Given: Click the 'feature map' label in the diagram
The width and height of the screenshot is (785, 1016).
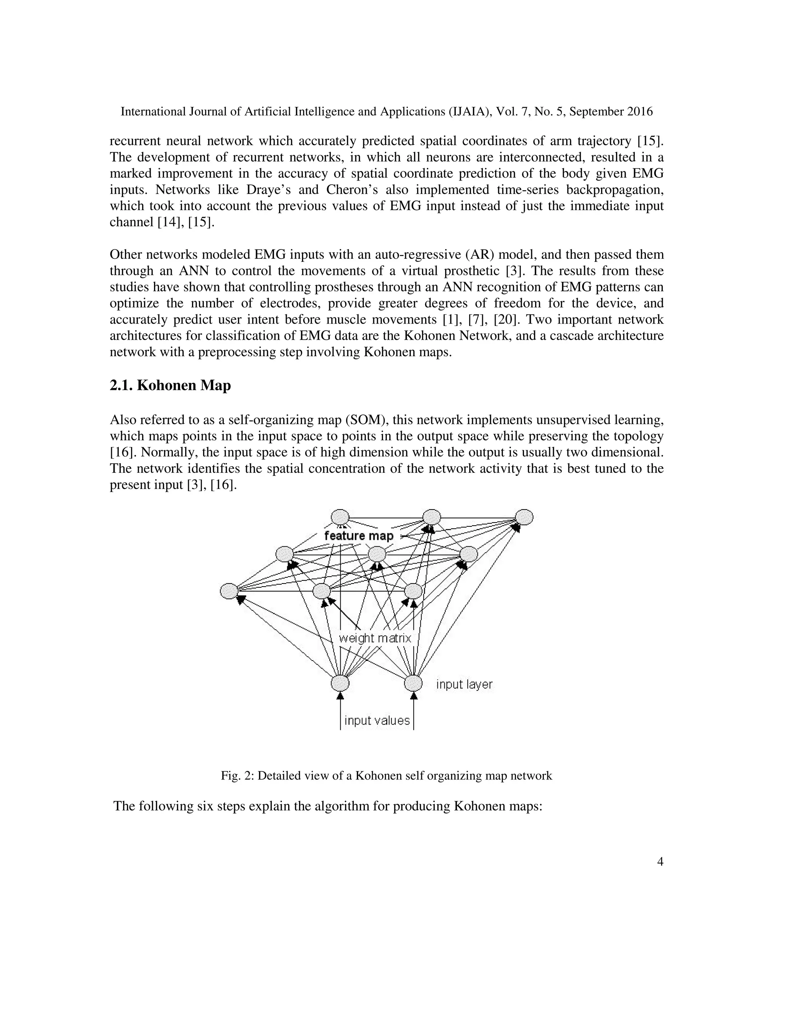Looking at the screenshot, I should point(358,536).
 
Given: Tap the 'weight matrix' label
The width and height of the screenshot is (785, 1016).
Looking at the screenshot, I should point(375,638).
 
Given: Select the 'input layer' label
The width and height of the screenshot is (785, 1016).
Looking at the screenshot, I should point(464,684).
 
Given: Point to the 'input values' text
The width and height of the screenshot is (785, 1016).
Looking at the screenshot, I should point(377,721).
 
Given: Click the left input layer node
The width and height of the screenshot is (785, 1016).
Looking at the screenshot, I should point(340,683).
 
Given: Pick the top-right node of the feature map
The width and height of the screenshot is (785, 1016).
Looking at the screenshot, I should point(524,517).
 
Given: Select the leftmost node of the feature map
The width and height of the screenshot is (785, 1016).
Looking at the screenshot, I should point(229,591).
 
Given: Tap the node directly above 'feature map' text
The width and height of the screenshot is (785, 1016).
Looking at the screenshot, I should point(340,517).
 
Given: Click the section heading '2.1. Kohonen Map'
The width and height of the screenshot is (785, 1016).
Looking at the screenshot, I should point(170,386).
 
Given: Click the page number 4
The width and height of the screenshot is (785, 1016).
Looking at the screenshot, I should point(660,862).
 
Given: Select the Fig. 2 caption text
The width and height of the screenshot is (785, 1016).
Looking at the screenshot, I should point(386,776).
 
